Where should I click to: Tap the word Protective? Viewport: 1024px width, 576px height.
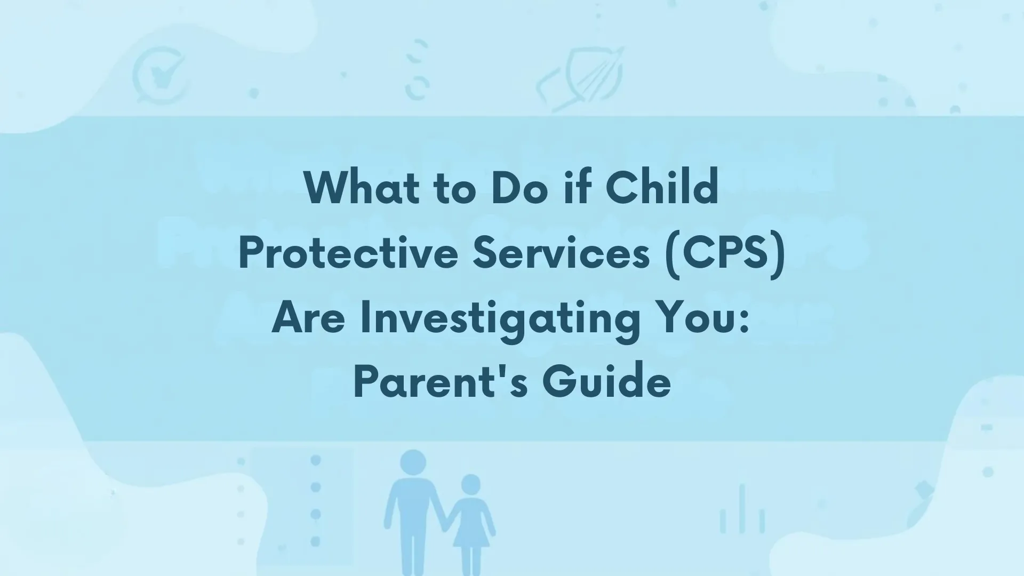pyautogui.click(x=348, y=253)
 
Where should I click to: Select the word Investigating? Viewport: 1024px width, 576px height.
pyautogui.click(x=500, y=319)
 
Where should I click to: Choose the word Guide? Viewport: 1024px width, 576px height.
pyautogui.click(x=606, y=383)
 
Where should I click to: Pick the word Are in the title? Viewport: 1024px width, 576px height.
pyautogui.click(x=308, y=319)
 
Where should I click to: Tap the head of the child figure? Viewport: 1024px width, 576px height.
pyautogui.click(x=470, y=484)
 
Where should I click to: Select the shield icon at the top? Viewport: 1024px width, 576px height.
pyautogui.click(x=584, y=77)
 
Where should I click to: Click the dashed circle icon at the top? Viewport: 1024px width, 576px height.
pyautogui.click(x=417, y=69)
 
